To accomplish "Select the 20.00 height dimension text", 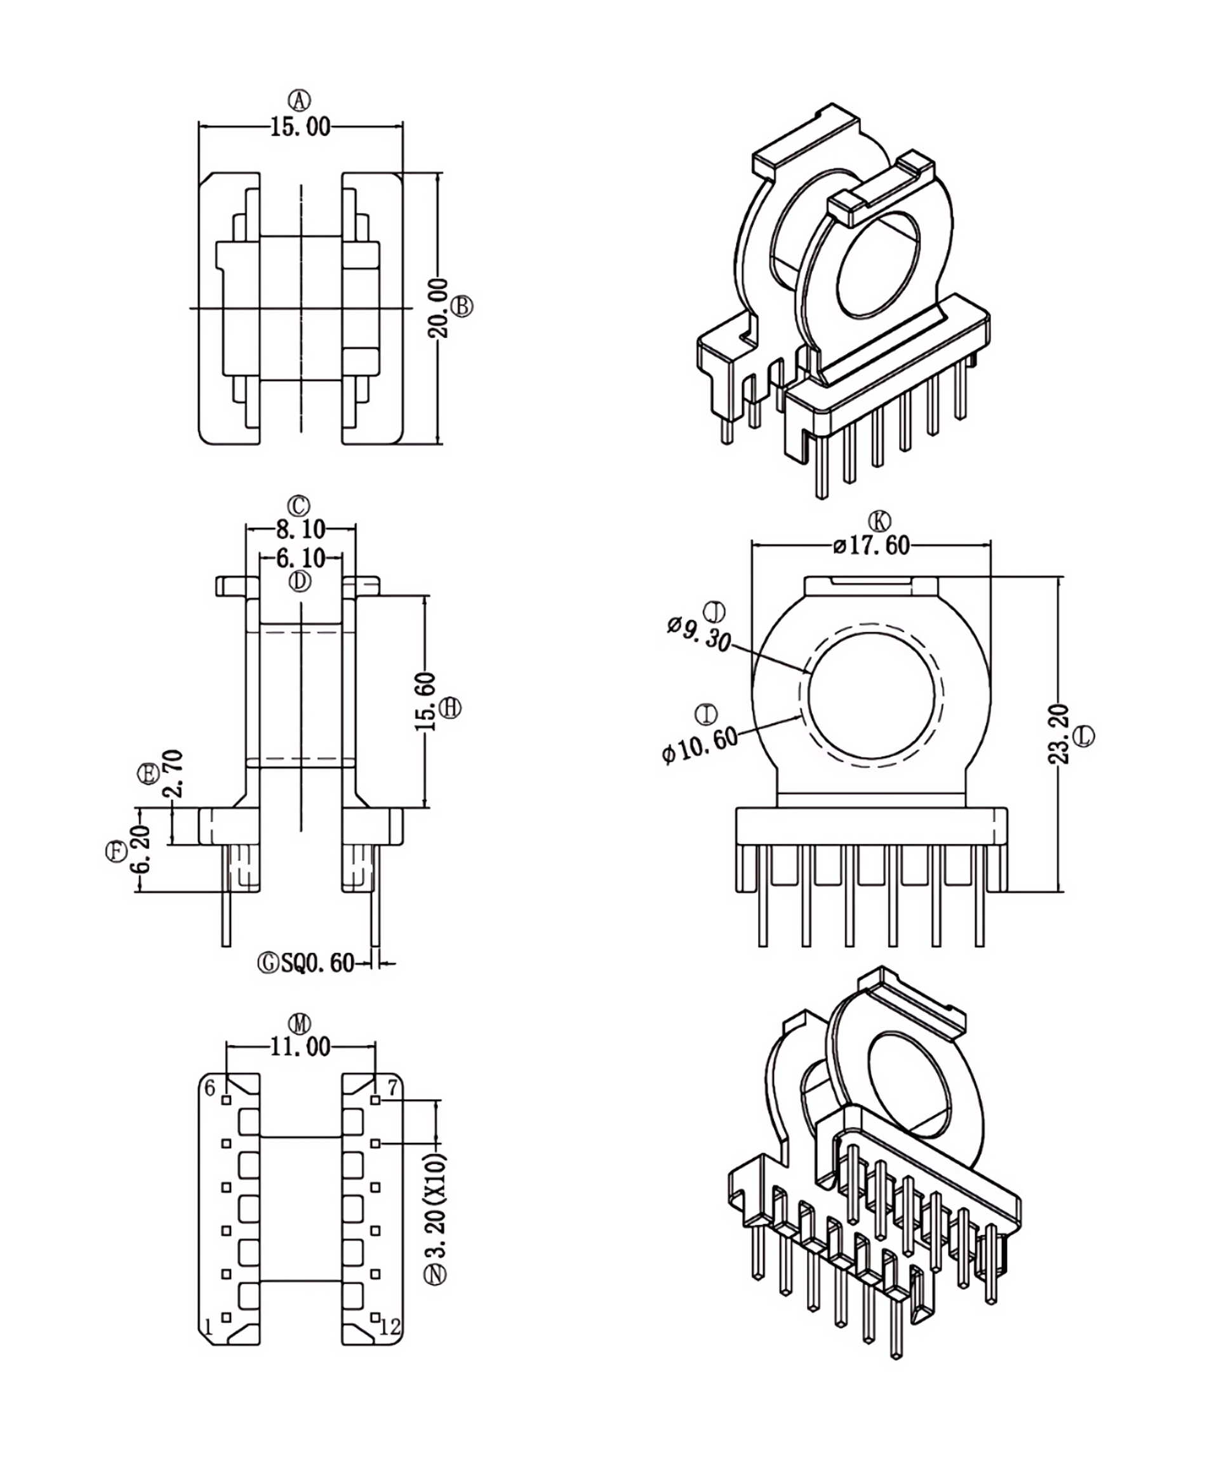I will (439, 308).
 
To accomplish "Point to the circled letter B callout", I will (462, 306).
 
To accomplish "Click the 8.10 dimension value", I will (300, 529).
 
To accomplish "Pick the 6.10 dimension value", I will (300, 558).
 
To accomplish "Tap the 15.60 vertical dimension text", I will (425, 701).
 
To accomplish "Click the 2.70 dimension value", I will (173, 774).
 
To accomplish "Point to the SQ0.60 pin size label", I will (317, 963).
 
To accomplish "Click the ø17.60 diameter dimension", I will (871, 544).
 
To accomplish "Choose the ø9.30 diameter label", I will (698, 634).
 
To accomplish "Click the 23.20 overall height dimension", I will (1059, 734).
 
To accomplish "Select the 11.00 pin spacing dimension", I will (300, 1046).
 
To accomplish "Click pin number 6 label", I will (210, 1087).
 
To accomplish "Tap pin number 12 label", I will (390, 1326).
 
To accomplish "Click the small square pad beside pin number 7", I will (376, 1100).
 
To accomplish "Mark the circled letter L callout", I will (1084, 736).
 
